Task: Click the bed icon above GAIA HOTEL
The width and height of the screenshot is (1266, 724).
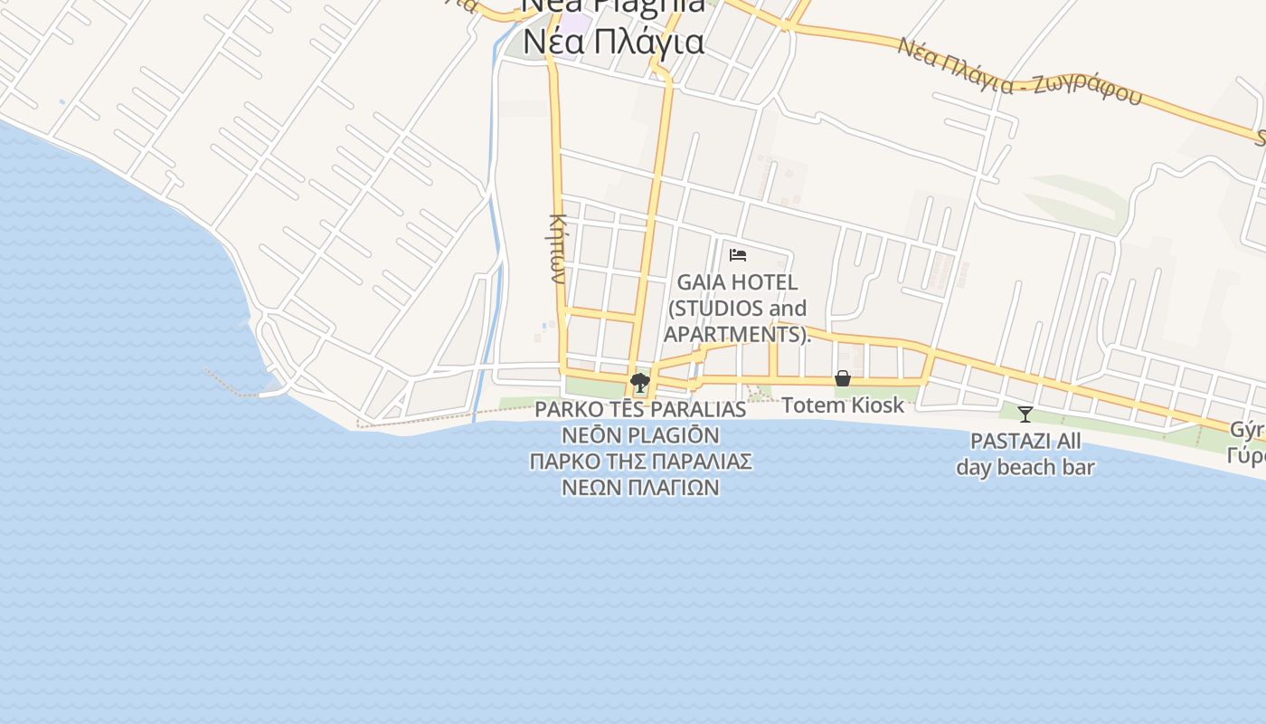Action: point(738,255)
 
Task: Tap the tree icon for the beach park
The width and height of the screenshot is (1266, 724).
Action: point(640,383)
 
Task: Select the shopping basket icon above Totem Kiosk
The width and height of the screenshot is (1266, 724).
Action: point(843,378)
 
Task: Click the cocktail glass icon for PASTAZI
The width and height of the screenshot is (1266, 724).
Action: point(1025,414)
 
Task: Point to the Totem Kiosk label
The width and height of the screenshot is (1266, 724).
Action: point(843,405)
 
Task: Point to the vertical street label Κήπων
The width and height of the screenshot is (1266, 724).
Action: point(558,248)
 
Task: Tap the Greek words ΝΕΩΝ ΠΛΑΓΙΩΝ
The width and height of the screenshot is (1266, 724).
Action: point(640,487)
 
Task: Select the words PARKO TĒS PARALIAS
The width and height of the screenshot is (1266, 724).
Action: point(640,409)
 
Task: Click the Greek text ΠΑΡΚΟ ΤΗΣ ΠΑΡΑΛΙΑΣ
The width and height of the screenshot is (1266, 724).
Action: point(640,462)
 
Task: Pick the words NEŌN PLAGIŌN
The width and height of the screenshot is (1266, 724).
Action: point(640,435)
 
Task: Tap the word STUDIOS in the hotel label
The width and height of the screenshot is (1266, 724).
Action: point(713,309)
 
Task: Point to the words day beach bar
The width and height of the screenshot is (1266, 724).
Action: point(1025,468)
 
